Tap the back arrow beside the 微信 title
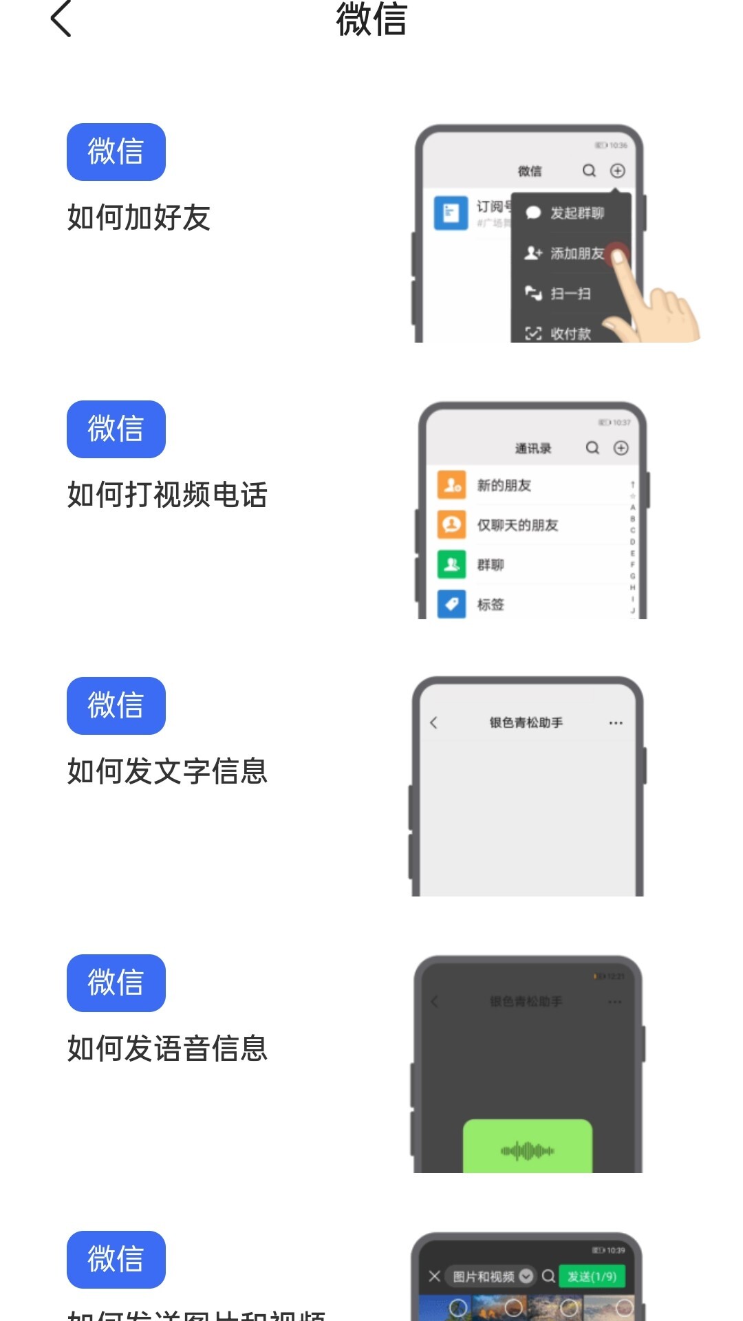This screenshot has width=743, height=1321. [x=61, y=19]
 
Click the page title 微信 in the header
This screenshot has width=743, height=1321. [x=371, y=19]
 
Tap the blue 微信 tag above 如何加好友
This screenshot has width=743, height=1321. [x=116, y=152]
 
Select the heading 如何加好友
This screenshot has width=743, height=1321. [x=139, y=217]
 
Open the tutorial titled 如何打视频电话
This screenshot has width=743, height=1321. [x=167, y=495]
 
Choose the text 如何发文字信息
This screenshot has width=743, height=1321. [x=167, y=771]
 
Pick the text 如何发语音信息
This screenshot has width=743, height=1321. [x=167, y=1049]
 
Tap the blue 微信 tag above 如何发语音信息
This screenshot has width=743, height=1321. [x=116, y=982]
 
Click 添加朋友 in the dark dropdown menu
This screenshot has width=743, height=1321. [x=577, y=253]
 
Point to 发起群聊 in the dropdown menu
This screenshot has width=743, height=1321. [x=577, y=213]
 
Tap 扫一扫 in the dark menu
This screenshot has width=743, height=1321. [x=570, y=294]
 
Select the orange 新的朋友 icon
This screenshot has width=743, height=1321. [x=451, y=485]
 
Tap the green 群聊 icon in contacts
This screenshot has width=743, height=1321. [x=451, y=565]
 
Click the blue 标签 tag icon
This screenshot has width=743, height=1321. [x=451, y=604]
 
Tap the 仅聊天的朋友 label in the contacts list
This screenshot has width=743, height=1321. [x=517, y=525]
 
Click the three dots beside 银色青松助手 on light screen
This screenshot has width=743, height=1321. [x=616, y=722]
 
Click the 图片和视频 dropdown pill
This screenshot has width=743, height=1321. [x=490, y=1276]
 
